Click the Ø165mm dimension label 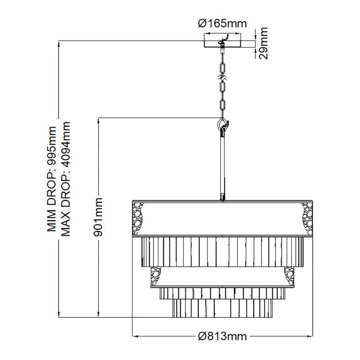222,24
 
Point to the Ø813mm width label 222,336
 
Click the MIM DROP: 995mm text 52,179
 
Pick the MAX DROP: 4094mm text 65,179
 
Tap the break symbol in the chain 222,78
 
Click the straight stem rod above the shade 222,165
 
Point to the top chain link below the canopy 222,68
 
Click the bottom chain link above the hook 222,105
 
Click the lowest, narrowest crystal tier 222,308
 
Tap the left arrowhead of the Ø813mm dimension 135,336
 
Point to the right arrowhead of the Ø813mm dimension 310,336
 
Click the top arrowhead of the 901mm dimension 99,120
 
